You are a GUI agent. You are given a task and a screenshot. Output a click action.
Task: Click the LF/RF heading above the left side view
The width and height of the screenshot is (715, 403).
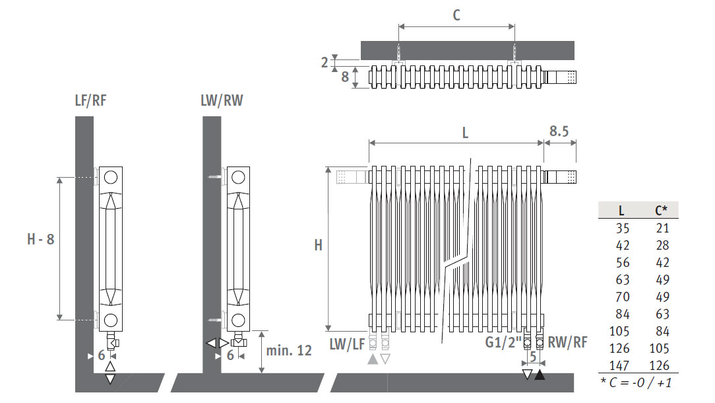pyautogui.click(x=90, y=100)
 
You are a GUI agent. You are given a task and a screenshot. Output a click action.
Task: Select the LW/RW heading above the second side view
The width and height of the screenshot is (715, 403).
pyautogui.click(x=222, y=100)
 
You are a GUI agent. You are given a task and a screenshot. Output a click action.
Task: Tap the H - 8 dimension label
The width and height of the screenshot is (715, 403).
pyautogui.click(x=41, y=239)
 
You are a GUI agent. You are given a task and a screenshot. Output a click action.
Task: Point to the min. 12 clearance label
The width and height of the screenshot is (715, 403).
pyautogui.click(x=289, y=350)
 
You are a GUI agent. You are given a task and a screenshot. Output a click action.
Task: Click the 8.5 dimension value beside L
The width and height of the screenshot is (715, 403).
pyautogui.click(x=559, y=131)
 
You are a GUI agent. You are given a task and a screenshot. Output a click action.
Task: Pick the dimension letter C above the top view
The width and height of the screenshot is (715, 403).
pyautogui.click(x=456, y=15)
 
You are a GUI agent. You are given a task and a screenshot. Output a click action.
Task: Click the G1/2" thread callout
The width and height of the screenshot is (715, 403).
pyautogui.click(x=503, y=342)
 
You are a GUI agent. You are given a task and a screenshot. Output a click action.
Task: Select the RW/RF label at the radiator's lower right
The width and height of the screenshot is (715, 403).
pyautogui.click(x=567, y=342)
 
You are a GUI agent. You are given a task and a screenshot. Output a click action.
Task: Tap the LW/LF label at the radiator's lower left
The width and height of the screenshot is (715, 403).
pyautogui.click(x=347, y=344)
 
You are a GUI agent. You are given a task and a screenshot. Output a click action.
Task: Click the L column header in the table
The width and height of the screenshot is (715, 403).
pyautogui.click(x=621, y=211)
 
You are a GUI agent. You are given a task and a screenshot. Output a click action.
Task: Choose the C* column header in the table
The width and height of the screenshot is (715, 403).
pyautogui.click(x=661, y=210)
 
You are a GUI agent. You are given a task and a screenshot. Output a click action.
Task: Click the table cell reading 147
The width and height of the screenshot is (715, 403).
pyautogui.click(x=619, y=365)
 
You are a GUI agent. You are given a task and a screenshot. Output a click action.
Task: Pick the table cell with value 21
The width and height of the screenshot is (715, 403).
pyautogui.click(x=662, y=228)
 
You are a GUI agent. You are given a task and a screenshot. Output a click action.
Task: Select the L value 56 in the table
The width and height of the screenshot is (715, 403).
pyautogui.click(x=623, y=263)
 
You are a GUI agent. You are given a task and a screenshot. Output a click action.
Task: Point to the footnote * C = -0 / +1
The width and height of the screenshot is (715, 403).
pyautogui.click(x=636, y=383)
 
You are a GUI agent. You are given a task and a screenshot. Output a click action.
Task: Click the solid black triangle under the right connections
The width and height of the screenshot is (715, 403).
pyautogui.click(x=540, y=375)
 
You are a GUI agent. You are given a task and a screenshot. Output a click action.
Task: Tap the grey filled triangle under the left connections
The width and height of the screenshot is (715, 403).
pyautogui.click(x=373, y=359)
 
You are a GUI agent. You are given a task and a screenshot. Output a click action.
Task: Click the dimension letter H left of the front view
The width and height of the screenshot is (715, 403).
pyautogui.click(x=319, y=245)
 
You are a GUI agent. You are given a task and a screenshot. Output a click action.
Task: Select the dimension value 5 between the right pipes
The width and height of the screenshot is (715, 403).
pyautogui.click(x=532, y=357)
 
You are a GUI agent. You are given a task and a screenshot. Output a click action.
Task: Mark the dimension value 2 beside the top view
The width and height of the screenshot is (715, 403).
pyautogui.click(x=325, y=63)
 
